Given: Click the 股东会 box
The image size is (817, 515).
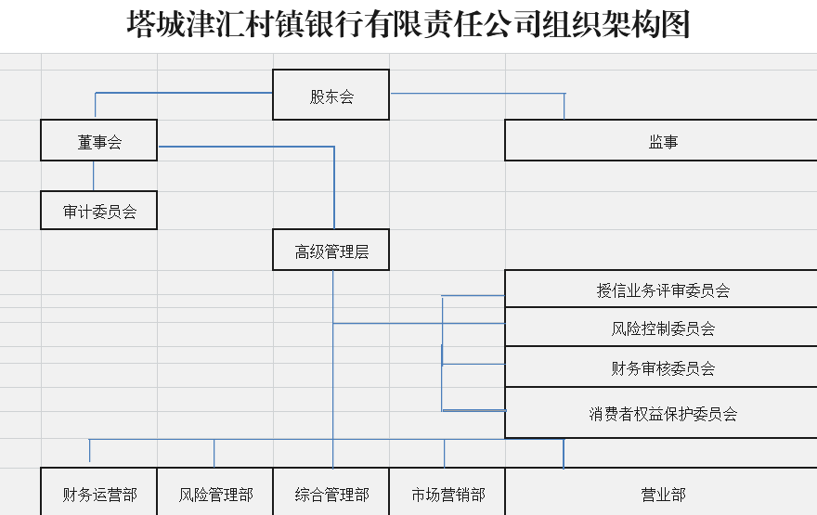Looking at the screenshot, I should point(331,96).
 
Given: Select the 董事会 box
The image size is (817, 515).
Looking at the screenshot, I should point(98,141).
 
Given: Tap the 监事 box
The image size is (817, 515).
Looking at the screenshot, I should point(661,141).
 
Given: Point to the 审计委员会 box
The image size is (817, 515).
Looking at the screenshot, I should point(98,211).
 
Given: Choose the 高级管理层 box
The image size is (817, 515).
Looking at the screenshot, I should point(331,251).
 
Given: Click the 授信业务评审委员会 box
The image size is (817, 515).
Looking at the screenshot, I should point(661,290).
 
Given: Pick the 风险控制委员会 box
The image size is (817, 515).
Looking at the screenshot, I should point(661,328).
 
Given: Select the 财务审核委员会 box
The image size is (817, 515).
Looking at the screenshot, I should point(661,367).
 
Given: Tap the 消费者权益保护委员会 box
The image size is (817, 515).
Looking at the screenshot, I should point(661,413).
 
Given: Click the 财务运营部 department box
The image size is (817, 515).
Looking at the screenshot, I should point(98,494).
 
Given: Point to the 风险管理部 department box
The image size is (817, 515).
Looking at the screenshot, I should point(214,494).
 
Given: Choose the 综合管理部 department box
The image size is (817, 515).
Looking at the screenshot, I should point(331,494).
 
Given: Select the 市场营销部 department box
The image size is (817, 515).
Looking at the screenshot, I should point(447,494).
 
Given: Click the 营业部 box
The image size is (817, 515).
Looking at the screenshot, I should point(661,494).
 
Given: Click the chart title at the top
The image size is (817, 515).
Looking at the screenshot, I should point(408,25).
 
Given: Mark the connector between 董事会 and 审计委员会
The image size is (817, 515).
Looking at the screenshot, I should point(93,175).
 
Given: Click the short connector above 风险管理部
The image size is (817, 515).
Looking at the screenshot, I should point(214,453).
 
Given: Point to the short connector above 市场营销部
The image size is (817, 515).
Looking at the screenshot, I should point(444,453).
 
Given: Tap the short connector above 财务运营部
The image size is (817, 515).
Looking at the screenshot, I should point(90,450).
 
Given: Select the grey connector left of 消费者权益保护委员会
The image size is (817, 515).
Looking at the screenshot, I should point(473,410).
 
